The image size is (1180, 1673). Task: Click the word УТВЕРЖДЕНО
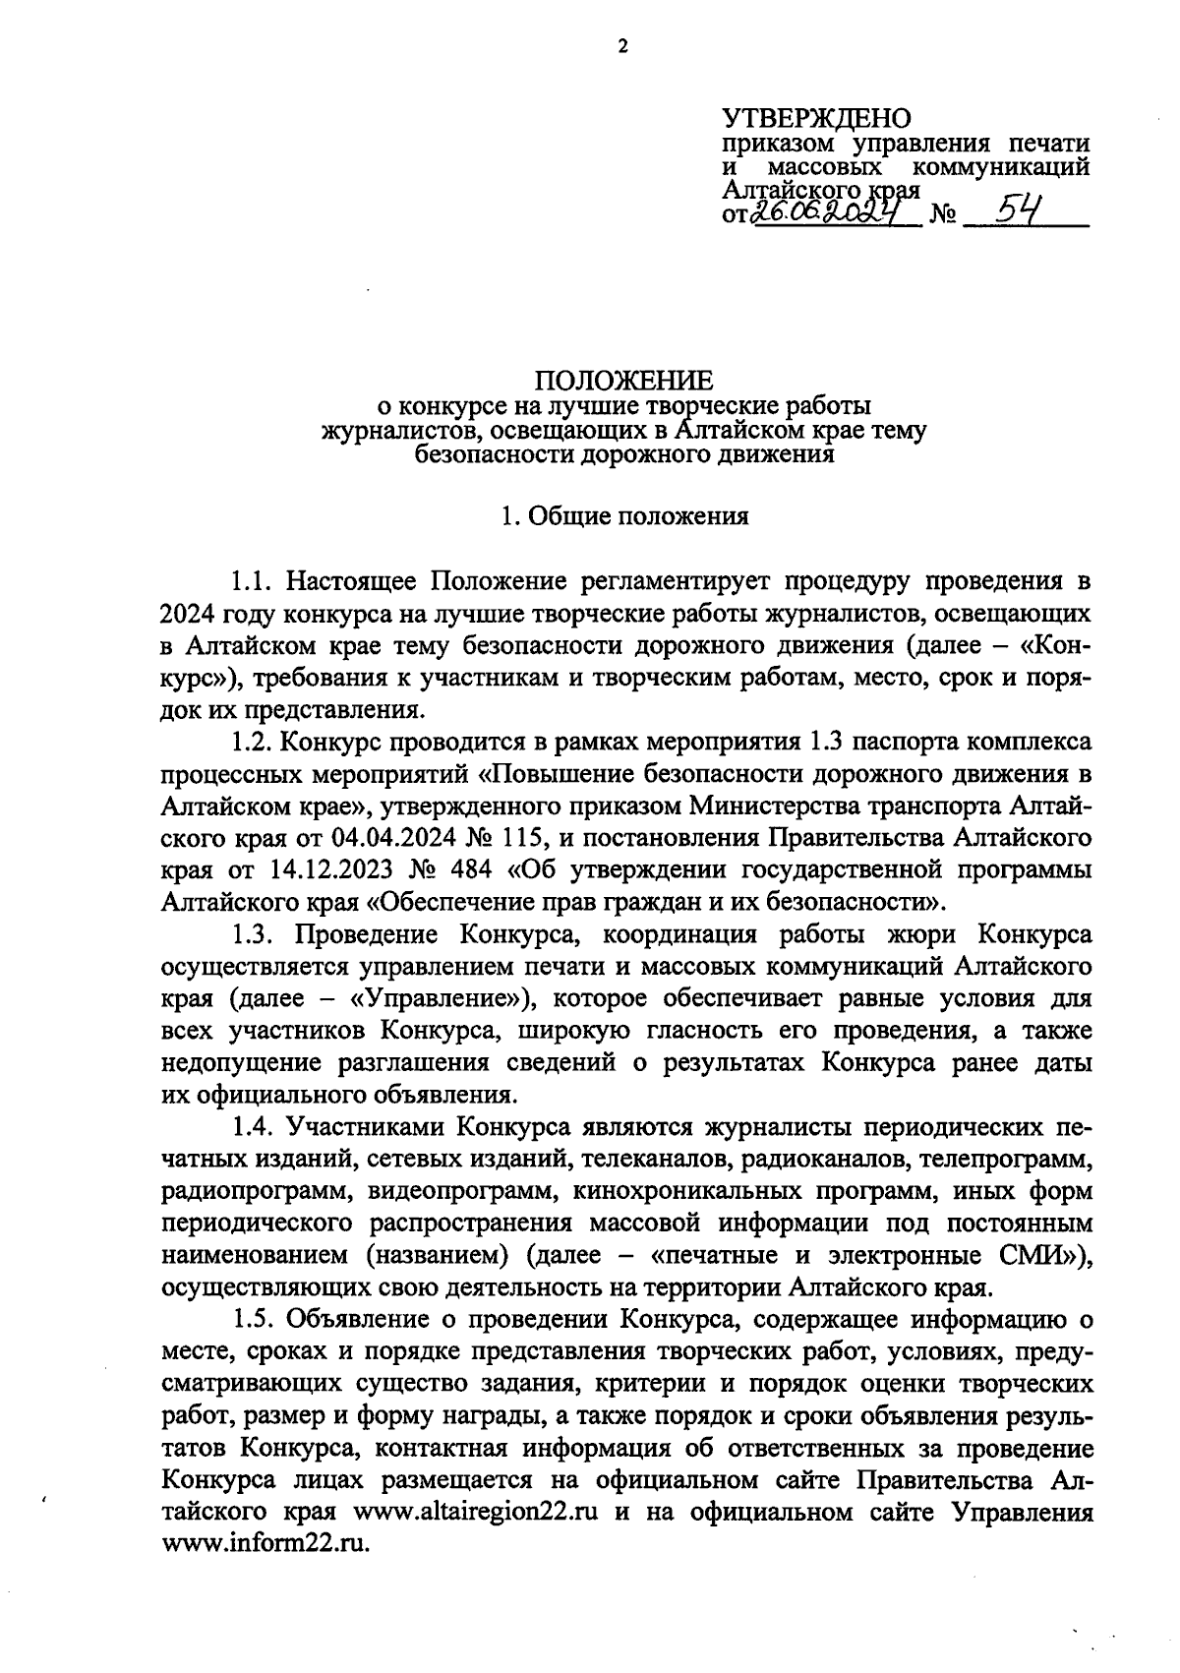817,119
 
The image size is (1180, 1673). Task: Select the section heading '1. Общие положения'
623,515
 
